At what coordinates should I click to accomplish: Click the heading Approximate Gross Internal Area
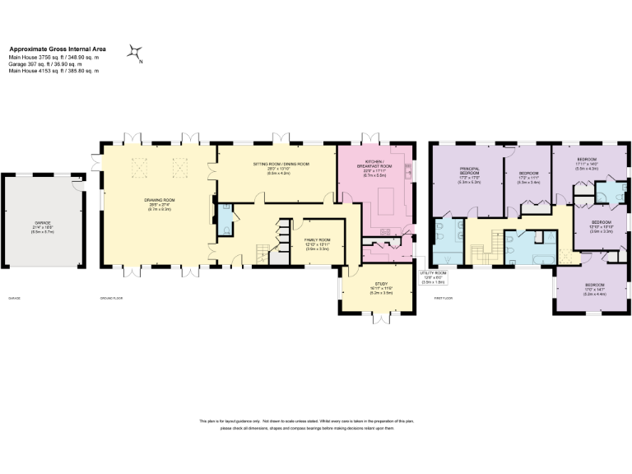tap(56, 49)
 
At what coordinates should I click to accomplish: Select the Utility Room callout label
tap(433, 275)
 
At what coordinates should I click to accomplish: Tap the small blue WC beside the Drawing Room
tap(225, 233)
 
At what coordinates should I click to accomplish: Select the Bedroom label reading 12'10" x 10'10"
tap(602, 225)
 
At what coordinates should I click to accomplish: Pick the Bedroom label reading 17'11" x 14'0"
tap(586, 162)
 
